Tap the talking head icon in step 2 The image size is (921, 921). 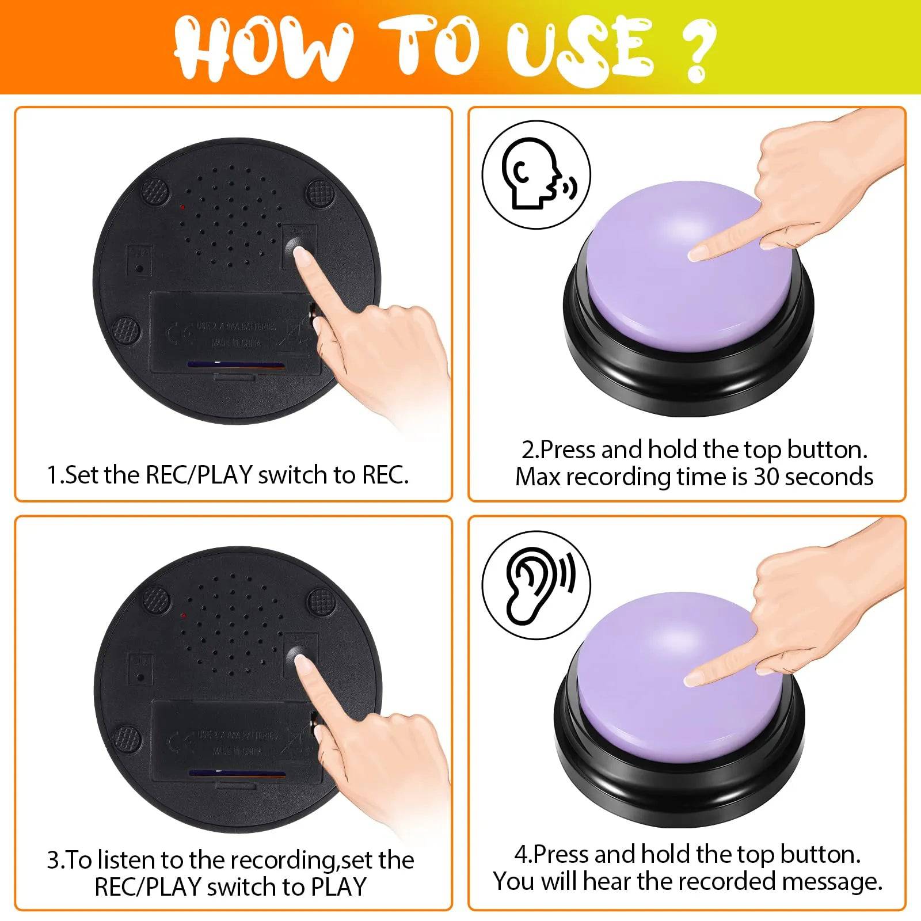click(x=535, y=174)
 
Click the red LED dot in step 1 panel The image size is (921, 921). click(x=182, y=206)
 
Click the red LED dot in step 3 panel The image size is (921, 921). click(x=184, y=615)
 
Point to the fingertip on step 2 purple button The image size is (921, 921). click(x=698, y=252)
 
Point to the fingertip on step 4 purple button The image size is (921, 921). click(x=694, y=679)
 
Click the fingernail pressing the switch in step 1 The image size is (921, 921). click(x=301, y=255)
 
